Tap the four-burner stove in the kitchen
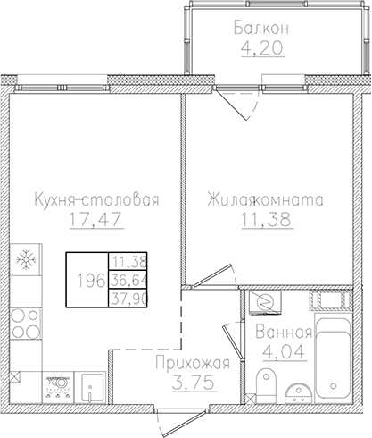(x=28, y=324)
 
